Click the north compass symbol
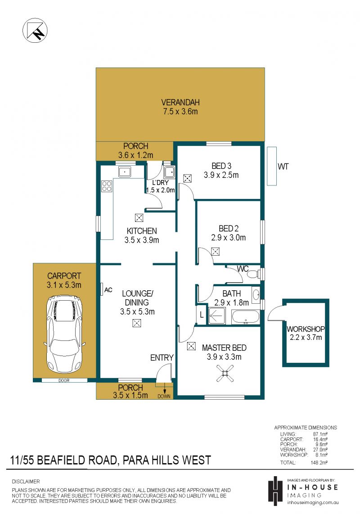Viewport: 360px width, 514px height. [35, 30]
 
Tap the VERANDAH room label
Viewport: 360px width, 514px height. [180, 102]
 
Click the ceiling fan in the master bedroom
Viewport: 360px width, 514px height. [225, 374]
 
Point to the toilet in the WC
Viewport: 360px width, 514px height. [254, 273]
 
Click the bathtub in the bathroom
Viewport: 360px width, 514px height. [246, 317]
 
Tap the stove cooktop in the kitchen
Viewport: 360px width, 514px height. [107, 186]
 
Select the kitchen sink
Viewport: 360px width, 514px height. [125, 171]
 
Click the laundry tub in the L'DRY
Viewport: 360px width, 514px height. [169, 172]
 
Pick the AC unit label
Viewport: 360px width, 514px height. [108, 290]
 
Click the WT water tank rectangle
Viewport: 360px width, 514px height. [272, 166]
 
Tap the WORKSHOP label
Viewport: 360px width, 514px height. [306, 329]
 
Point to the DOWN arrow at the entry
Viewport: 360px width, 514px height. [164, 388]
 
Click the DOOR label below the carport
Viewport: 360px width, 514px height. [64, 381]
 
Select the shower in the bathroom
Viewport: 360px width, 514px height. [217, 315]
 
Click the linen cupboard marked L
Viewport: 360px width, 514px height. [201, 315]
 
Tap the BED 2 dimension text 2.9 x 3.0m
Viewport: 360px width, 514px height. [228, 238]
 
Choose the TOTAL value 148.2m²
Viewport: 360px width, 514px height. [319, 463]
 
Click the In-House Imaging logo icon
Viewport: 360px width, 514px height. [275, 491]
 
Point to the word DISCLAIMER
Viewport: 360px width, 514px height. [26, 482]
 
